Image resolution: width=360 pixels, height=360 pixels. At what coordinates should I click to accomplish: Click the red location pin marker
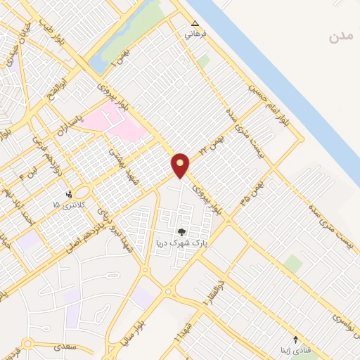(181, 165)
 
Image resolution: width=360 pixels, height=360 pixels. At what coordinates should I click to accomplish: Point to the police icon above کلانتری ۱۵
(69, 194)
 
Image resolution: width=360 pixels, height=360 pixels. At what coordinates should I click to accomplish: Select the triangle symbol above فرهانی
(195, 23)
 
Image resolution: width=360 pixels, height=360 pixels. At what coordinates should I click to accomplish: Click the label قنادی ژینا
(294, 350)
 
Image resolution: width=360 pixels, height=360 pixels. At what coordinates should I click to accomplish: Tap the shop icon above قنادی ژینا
(295, 340)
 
